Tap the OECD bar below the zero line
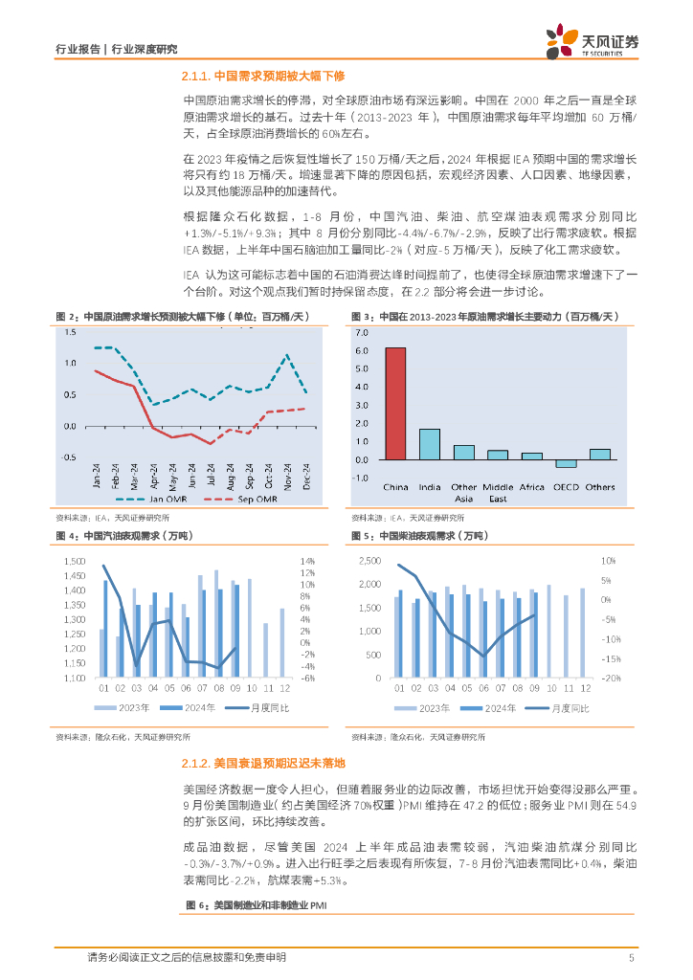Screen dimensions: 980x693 (x=567, y=463)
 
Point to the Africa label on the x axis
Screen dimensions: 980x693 (x=531, y=487)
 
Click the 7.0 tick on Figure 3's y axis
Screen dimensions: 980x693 (x=361, y=332)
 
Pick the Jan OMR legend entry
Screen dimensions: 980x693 (x=154, y=500)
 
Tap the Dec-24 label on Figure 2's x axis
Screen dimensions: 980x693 (x=307, y=475)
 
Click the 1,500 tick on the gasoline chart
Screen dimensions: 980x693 (x=75, y=561)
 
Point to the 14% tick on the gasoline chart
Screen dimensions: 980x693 (x=307, y=561)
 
